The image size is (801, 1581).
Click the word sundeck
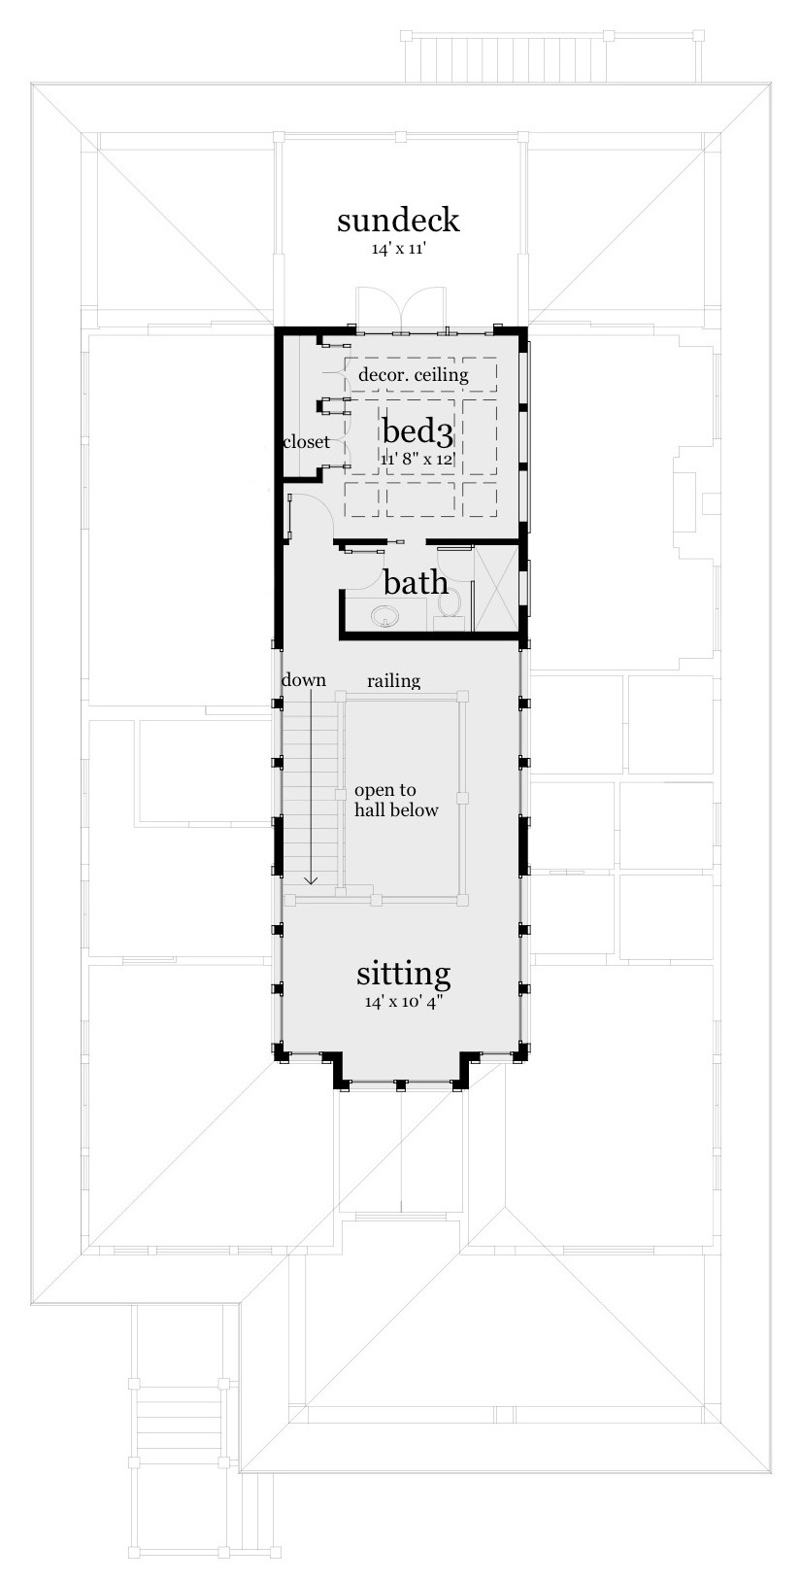pyautogui.click(x=398, y=221)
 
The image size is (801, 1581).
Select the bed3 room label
pyautogui.click(x=417, y=430)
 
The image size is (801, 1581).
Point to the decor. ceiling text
pyautogui.click(x=413, y=374)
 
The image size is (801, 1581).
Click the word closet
pyautogui.click(x=306, y=442)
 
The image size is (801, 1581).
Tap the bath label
pyautogui.click(x=416, y=583)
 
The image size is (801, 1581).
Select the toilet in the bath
pyautogui.click(x=449, y=601)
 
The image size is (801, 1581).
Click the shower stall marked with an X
pyautogui.click(x=495, y=587)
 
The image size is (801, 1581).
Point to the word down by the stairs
pyautogui.click(x=303, y=680)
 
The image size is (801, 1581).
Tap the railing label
pyautogui.click(x=393, y=681)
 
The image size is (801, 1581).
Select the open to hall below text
pyautogui.click(x=395, y=800)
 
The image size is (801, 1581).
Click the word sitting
pyautogui.click(x=403, y=973)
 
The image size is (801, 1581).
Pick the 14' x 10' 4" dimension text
pyautogui.click(x=401, y=1002)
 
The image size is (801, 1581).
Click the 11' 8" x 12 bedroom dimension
pyautogui.click(x=417, y=458)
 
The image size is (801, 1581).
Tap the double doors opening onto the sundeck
pyautogui.click(x=401, y=309)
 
